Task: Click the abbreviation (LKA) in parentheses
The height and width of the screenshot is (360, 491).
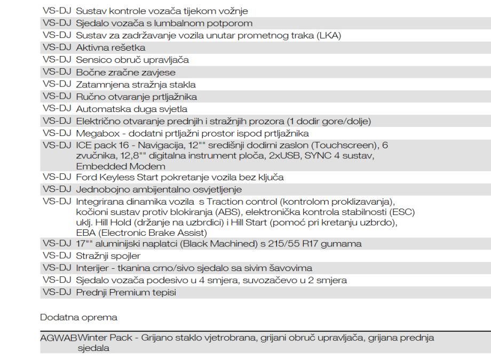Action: click(329, 36)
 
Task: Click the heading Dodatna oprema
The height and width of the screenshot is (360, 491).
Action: click(72, 317)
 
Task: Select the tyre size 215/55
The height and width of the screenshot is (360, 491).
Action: click(297, 244)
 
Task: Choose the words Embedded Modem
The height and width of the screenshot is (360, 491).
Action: click(113, 166)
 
